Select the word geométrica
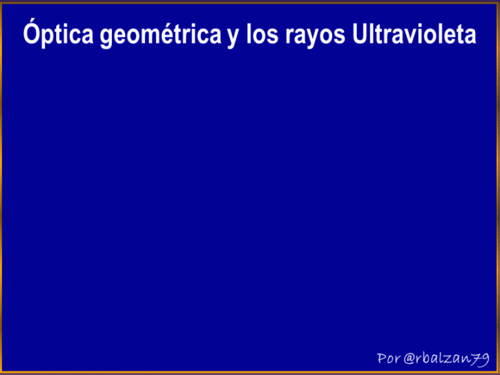click(160, 35)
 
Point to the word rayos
click(315, 36)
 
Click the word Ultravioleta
click(414, 33)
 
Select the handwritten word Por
click(388, 358)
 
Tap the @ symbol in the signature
click(410, 359)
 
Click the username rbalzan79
click(453, 358)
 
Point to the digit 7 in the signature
click(476, 360)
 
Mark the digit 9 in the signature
click(485, 360)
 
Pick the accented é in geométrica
click(170, 33)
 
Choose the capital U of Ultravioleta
click(360, 33)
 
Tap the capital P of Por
click(381, 358)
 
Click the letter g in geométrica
click(108, 37)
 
